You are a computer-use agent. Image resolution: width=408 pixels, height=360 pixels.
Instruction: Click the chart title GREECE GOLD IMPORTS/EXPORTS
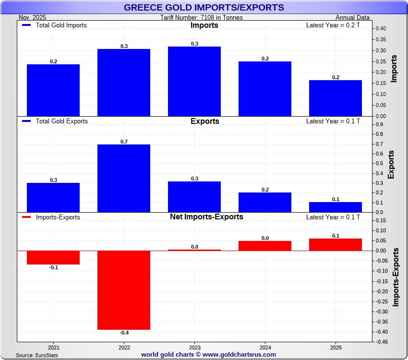click(x=204, y=7)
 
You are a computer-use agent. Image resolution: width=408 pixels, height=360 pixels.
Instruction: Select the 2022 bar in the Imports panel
click(x=124, y=83)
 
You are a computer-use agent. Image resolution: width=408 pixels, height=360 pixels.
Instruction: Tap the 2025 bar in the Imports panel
click(x=336, y=98)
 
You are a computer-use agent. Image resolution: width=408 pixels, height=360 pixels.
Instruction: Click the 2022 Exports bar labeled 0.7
click(x=124, y=178)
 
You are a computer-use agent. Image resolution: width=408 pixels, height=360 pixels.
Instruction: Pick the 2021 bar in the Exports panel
click(x=53, y=197)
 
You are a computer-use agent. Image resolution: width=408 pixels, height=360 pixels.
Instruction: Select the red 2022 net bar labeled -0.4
click(x=124, y=290)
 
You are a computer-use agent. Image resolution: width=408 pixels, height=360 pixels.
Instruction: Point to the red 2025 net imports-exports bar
click(x=336, y=245)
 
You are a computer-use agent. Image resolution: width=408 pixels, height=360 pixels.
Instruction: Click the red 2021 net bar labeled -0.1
click(x=53, y=257)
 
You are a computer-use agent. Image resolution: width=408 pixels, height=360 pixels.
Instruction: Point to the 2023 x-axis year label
click(x=194, y=347)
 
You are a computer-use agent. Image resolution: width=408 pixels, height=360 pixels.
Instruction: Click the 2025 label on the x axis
click(x=336, y=347)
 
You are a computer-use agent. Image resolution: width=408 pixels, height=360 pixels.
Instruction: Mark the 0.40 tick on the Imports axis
click(x=381, y=29)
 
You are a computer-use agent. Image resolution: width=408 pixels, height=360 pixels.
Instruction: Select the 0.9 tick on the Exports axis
click(x=379, y=125)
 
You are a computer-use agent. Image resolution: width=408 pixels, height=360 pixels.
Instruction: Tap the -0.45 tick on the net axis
click(x=382, y=342)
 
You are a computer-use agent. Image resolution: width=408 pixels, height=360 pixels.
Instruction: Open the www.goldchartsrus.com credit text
click(x=208, y=355)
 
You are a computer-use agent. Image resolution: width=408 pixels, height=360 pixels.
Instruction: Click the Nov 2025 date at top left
click(x=32, y=18)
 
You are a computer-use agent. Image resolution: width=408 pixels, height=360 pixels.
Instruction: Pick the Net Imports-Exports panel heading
click(x=206, y=217)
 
